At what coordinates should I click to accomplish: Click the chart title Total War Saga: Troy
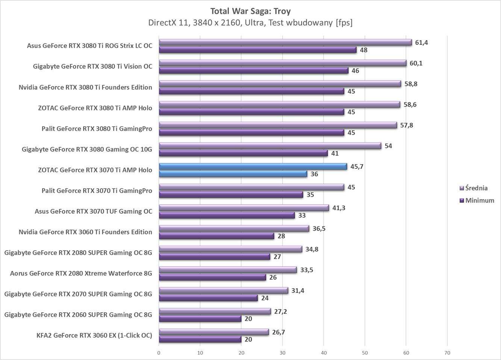pos(250,11)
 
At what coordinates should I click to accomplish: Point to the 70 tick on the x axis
pos(447,353)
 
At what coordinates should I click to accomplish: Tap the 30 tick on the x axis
pos(282,353)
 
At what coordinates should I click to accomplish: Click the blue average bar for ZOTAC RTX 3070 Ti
pos(253,166)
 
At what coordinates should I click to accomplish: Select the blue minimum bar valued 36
pos(233,174)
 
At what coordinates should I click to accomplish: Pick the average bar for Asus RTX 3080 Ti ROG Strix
pos(285,42)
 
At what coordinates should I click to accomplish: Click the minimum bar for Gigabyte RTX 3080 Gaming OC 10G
pos(243,153)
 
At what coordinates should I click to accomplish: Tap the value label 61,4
pos(421,42)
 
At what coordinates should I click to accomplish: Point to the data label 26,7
pos(279,332)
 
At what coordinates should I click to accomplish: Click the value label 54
pos(388,146)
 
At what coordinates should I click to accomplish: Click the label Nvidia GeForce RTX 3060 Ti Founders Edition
pos(85,232)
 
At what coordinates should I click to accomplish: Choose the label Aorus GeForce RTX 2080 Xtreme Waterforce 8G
pos(81,273)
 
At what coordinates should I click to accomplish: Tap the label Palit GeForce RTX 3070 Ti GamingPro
pos(97,191)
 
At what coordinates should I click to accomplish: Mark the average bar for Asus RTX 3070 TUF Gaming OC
pos(244,208)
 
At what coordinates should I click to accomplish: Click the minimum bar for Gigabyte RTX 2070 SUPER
pos(208,298)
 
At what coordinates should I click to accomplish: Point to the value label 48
pos(363,50)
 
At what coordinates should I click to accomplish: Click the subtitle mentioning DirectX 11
pos(250,23)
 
